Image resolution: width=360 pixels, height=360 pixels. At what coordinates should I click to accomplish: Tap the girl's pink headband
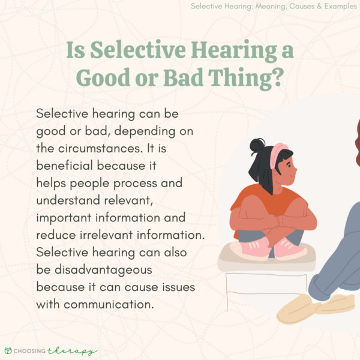(x=277, y=153)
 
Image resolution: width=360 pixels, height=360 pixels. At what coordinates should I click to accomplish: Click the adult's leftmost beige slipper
(x=298, y=307)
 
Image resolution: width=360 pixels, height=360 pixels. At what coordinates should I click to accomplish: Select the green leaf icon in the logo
(x=8, y=350)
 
